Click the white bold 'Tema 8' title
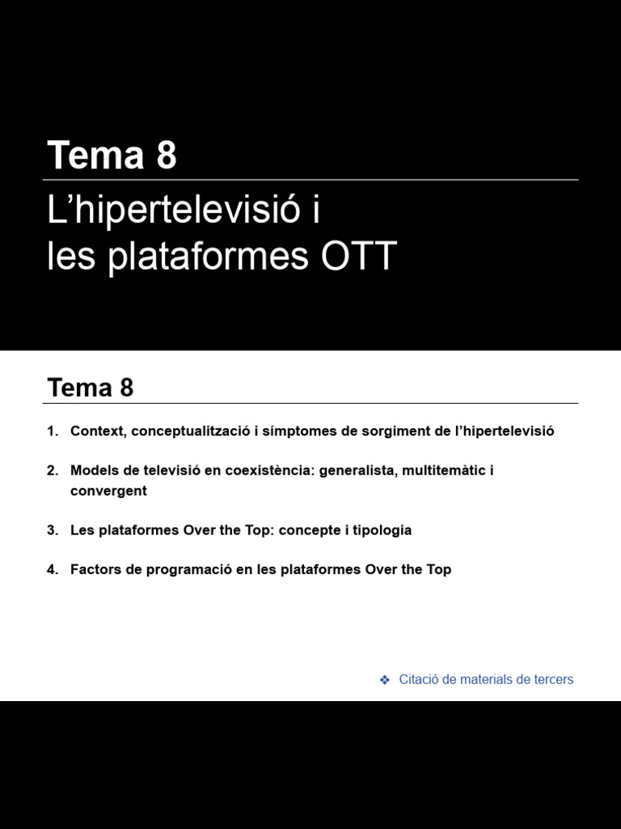coord(112,155)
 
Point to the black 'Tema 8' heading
coord(91,388)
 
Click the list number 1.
coord(52,431)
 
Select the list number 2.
coord(52,470)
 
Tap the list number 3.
coord(52,530)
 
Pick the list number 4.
coord(52,569)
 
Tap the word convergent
coord(108,491)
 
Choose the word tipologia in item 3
coord(379,530)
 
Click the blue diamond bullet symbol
coord(385,679)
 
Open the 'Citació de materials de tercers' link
coord(486,679)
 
